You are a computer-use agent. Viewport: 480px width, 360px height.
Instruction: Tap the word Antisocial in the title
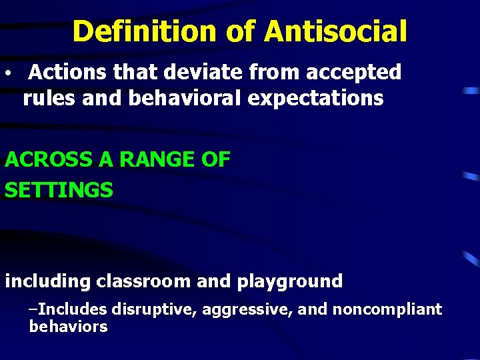pos(335,31)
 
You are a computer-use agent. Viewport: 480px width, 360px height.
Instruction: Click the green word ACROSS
pos(44,160)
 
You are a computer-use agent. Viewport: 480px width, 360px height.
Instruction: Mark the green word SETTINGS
pos(59,190)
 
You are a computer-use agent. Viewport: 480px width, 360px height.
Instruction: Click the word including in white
pos(47,281)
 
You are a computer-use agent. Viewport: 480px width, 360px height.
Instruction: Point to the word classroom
pos(143,281)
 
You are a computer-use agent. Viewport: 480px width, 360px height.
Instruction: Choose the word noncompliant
pos(387,309)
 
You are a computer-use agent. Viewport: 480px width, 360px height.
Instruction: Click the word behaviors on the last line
pos(68,327)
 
